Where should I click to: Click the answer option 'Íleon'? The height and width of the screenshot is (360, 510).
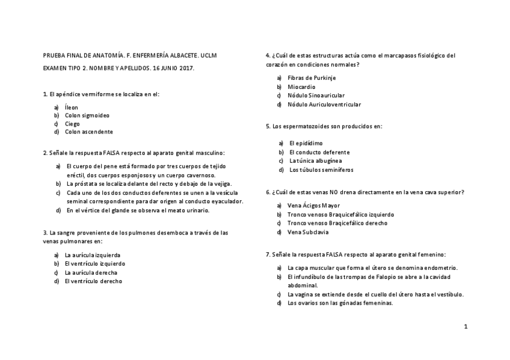[x=72, y=107]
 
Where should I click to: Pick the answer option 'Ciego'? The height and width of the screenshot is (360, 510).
[x=72, y=124]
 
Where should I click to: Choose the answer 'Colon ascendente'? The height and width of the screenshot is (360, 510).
[x=89, y=132]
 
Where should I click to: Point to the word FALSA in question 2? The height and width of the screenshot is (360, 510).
[x=112, y=153]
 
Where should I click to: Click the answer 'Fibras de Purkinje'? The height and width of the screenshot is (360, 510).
[x=312, y=78]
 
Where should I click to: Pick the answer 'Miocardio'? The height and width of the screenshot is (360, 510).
[x=301, y=87]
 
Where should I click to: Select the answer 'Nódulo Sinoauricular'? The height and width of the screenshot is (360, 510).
[x=316, y=96]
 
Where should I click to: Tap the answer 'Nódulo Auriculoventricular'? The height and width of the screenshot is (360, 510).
[x=324, y=105]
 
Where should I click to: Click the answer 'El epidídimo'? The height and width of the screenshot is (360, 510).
[x=306, y=143]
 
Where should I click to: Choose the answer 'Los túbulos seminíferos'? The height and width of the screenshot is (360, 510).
[x=321, y=170]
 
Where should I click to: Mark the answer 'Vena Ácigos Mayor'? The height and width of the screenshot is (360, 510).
[x=313, y=206]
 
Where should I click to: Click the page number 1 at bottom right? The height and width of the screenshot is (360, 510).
[x=465, y=326]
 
